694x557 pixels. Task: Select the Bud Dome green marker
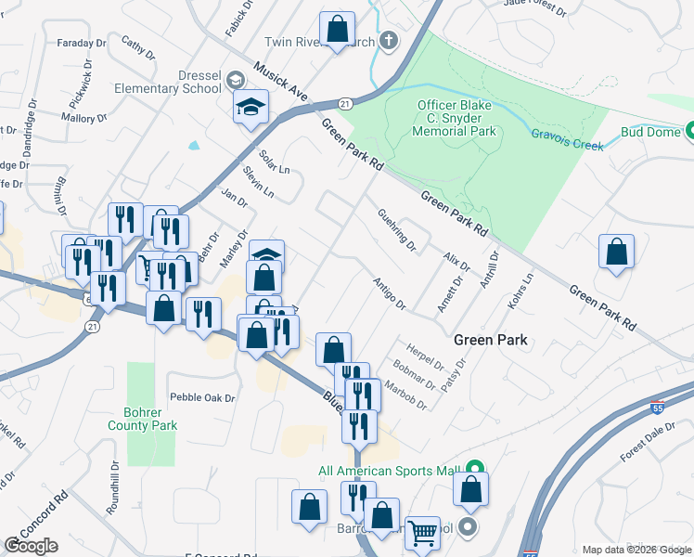tap(688, 132)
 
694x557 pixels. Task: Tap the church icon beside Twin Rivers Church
tap(388, 41)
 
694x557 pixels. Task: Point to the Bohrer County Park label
tap(149, 419)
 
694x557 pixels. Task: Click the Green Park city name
tap(490, 340)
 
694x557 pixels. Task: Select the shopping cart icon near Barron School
tap(422, 532)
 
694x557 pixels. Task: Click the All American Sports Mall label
tap(390, 471)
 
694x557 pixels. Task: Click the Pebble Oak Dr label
tap(202, 397)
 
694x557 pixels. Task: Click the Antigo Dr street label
tap(389, 292)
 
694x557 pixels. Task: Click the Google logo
tap(31, 546)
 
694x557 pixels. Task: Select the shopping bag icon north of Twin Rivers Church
tap(337, 29)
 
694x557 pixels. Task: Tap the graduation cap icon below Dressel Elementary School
tap(250, 107)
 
